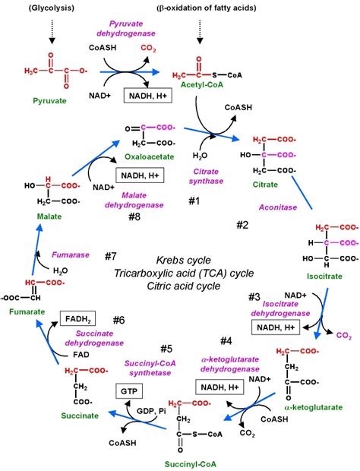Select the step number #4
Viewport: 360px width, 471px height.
[226, 340]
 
